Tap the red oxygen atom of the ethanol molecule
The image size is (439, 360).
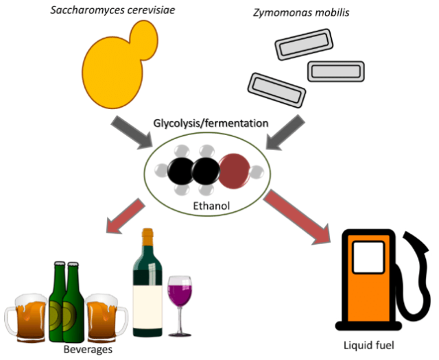[237, 167]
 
